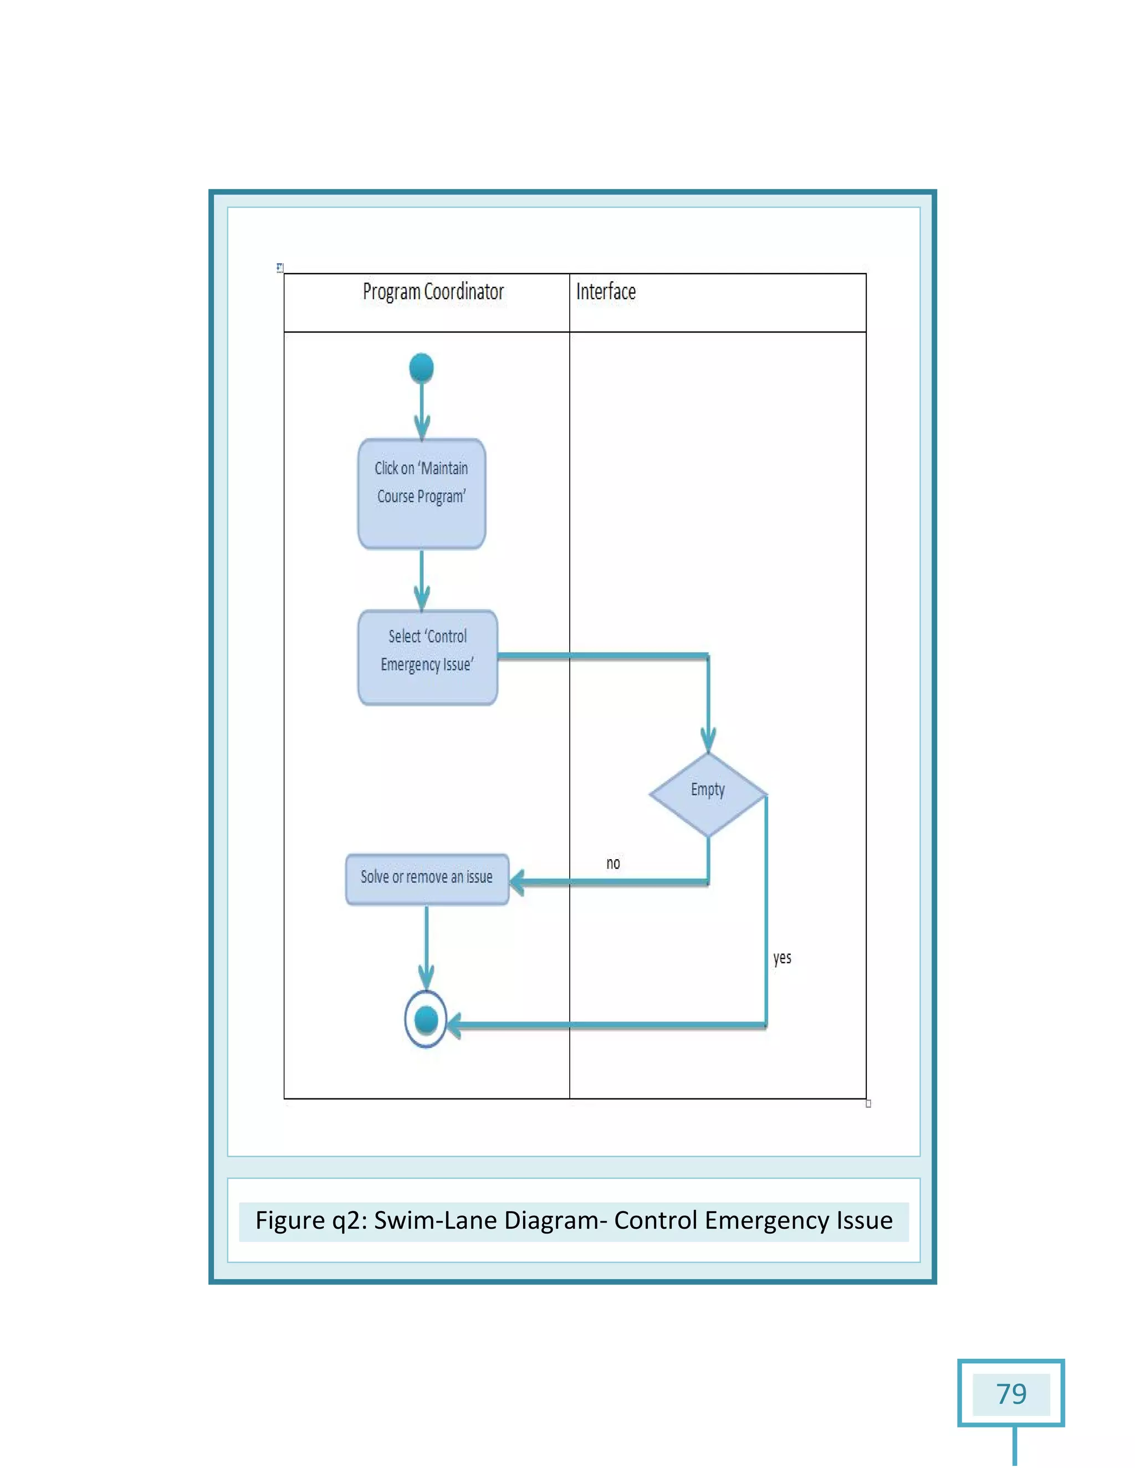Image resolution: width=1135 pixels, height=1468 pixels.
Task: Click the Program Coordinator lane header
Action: click(x=433, y=292)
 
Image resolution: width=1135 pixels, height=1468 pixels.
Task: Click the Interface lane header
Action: click(x=606, y=292)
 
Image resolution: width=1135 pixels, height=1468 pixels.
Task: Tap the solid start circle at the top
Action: click(x=422, y=368)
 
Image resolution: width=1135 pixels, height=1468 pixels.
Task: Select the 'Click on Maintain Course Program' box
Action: click(x=422, y=494)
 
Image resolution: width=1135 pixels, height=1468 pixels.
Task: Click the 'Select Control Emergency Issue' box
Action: click(x=428, y=658)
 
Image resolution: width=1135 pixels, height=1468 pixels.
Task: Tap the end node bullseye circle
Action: click(x=426, y=1019)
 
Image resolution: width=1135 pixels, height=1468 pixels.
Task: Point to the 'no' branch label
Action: click(x=612, y=863)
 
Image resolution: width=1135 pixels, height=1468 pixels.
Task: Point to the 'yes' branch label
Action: click(x=782, y=957)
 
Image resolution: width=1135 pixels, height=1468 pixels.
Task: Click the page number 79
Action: click(x=1011, y=1394)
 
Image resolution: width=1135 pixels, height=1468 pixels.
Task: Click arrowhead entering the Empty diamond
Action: click(x=708, y=741)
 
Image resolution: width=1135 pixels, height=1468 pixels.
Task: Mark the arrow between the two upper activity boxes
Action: click(x=422, y=579)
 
